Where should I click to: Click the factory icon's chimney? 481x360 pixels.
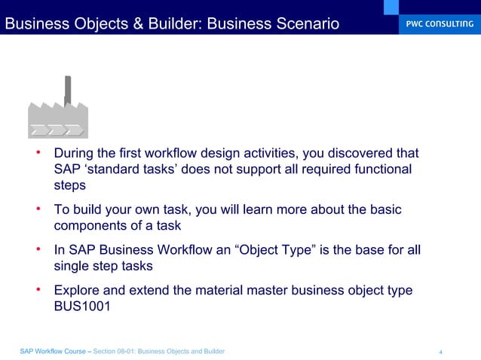point(68,90)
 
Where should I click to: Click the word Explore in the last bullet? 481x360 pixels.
point(78,290)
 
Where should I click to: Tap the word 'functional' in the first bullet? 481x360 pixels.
point(381,169)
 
